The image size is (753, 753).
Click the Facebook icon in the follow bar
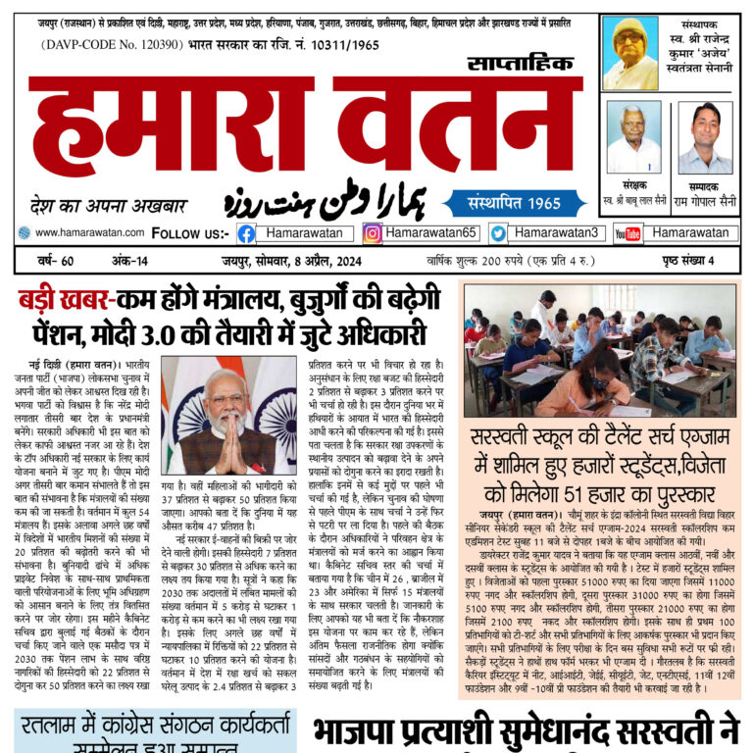tap(246, 233)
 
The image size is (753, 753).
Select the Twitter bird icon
tap(498, 233)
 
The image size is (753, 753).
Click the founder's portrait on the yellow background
tap(630, 53)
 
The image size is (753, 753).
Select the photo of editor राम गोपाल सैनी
tap(706, 137)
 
